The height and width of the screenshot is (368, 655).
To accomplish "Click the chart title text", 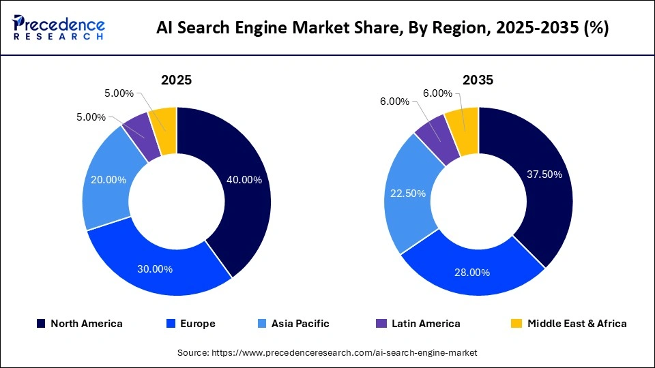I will click(383, 28).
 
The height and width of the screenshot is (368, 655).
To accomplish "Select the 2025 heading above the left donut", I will click(176, 80).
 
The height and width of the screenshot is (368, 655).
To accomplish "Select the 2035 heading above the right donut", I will click(478, 80).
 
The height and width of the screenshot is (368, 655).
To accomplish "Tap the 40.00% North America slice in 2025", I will click(242, 181).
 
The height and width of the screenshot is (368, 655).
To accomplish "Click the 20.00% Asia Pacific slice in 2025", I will click(107, 181).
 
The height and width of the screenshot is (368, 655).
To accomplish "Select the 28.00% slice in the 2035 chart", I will click(471, 273).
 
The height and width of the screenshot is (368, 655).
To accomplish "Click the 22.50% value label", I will click(407, 193).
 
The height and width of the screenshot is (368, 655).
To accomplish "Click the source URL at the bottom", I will click(327, 352).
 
